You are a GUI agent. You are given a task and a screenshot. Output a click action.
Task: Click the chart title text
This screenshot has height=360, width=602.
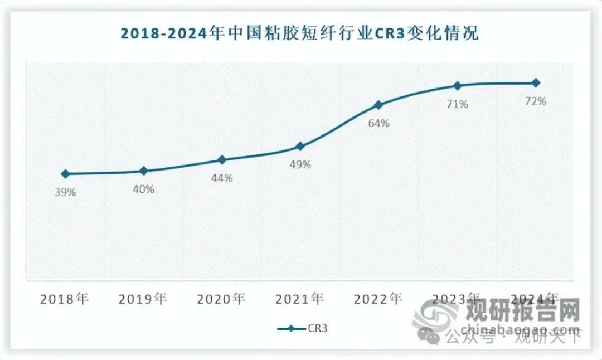point(300,34)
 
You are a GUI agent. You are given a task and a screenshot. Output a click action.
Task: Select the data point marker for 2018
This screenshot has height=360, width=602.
point(65,174)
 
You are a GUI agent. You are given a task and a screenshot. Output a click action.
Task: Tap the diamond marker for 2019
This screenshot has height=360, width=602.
point(143,171)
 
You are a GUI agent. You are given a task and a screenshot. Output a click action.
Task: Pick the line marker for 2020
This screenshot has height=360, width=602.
point(222,160)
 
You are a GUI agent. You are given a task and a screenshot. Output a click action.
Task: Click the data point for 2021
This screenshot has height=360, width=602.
point(300,147)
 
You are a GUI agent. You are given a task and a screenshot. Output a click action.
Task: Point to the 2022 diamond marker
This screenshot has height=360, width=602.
point(379,105)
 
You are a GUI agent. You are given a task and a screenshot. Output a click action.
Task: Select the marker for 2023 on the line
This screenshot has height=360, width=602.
point(458,86)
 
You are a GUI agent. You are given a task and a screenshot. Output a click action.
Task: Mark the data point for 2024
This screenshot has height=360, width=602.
point(536,83)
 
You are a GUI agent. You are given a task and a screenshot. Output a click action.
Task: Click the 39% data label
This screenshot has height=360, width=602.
point(65,192)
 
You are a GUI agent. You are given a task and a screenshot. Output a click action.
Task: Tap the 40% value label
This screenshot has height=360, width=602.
point(143,189)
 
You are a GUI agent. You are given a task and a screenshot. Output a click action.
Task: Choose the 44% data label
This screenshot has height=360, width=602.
point(222,178)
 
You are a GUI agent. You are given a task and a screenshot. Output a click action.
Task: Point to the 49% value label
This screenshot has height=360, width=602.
point(300,165)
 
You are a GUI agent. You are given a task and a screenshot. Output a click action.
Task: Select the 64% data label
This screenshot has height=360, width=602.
point(379,123)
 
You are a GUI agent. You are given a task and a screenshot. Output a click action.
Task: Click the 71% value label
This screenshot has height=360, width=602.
point(458,104)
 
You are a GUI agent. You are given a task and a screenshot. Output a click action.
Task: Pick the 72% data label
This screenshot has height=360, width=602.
point(536,101)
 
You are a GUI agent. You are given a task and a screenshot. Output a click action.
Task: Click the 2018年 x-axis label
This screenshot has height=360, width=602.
point(65,299)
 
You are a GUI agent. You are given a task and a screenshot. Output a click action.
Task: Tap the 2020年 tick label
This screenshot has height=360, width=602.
point(221,299)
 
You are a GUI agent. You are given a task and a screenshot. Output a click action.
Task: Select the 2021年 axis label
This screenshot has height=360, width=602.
point(300,299)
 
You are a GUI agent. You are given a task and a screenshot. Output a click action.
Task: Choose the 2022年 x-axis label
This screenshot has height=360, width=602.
point(378,299)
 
